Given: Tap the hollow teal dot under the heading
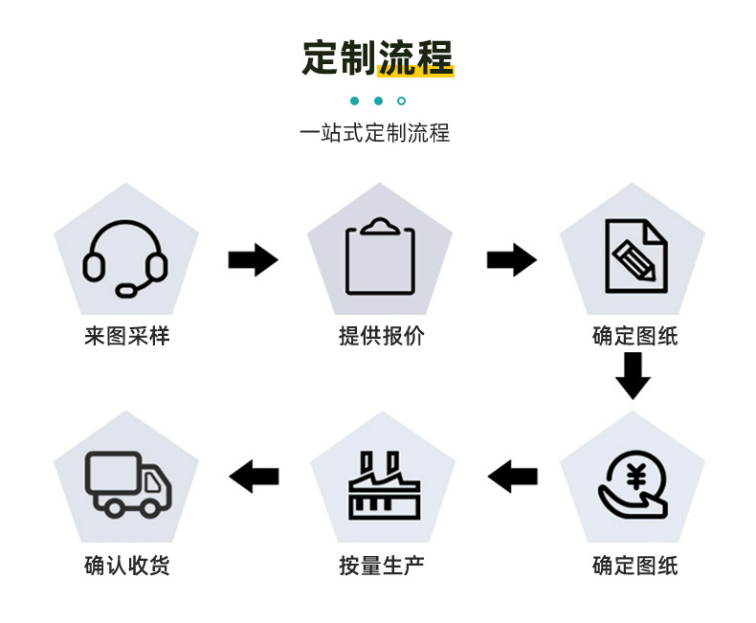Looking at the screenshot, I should coord(402,100).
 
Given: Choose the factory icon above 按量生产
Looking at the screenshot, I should coord(380,484).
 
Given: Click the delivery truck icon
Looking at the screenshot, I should coord(128,483).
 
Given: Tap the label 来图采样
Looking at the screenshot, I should coord(126,337).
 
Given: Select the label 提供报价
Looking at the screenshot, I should coord(381,337).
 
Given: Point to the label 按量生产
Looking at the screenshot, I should coord(381,566).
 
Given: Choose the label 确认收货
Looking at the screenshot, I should coord(126,566).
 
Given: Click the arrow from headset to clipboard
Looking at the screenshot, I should coord(253,259).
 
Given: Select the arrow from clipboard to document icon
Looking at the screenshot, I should coord(511,259).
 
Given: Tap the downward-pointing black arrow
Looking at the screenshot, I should coord(633,376).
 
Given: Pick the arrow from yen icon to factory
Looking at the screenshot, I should coord(513,476).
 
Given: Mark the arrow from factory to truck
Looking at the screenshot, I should coord(255,476).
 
